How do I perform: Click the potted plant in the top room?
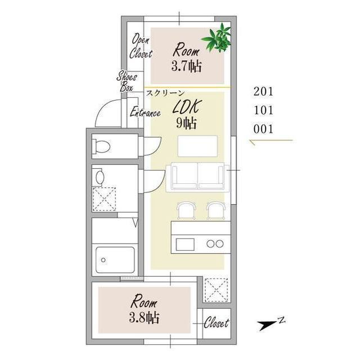(x=217, y=38)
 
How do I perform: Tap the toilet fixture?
(x=101, y=146)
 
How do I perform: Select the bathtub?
(x=115, y=260)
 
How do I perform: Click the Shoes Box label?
(x=127, y=82)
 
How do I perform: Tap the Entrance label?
(x=145, y=112)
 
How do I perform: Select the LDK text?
(x=187, y=107)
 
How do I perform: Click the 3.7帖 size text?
(x=186, y=66)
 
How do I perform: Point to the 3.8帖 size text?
(x=144, y=318)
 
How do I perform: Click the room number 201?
(x=263, y=92)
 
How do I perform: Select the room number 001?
(x=263, y=129)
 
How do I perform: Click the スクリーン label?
(x=165, y=93)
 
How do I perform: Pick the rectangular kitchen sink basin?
(x=185, y=244)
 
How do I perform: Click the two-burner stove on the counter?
(x=215, y=244)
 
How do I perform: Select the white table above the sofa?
(x=197, y=146)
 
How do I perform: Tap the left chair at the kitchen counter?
(x=186, y=210)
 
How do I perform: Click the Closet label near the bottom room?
(x=216, y=323)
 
